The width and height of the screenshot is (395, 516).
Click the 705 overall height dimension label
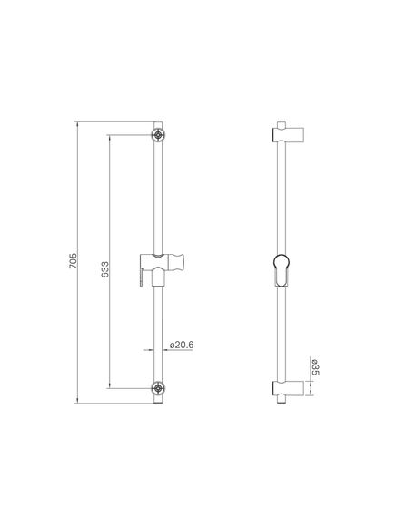[x=73, y=260]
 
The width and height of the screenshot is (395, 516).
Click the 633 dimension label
[x=104, y=269]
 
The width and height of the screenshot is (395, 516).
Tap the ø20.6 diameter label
[x=182, y=345]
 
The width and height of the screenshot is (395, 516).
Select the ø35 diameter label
[x=314, y=367]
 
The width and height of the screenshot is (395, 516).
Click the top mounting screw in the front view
[x=158, y=134]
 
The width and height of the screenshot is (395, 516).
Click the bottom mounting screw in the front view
[x=158, y=388]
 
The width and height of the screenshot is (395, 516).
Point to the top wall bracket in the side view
[x=288, y=134]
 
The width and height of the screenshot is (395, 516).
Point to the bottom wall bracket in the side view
[x=288, y=389]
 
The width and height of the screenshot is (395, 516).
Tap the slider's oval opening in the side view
[x=281, y=270]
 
